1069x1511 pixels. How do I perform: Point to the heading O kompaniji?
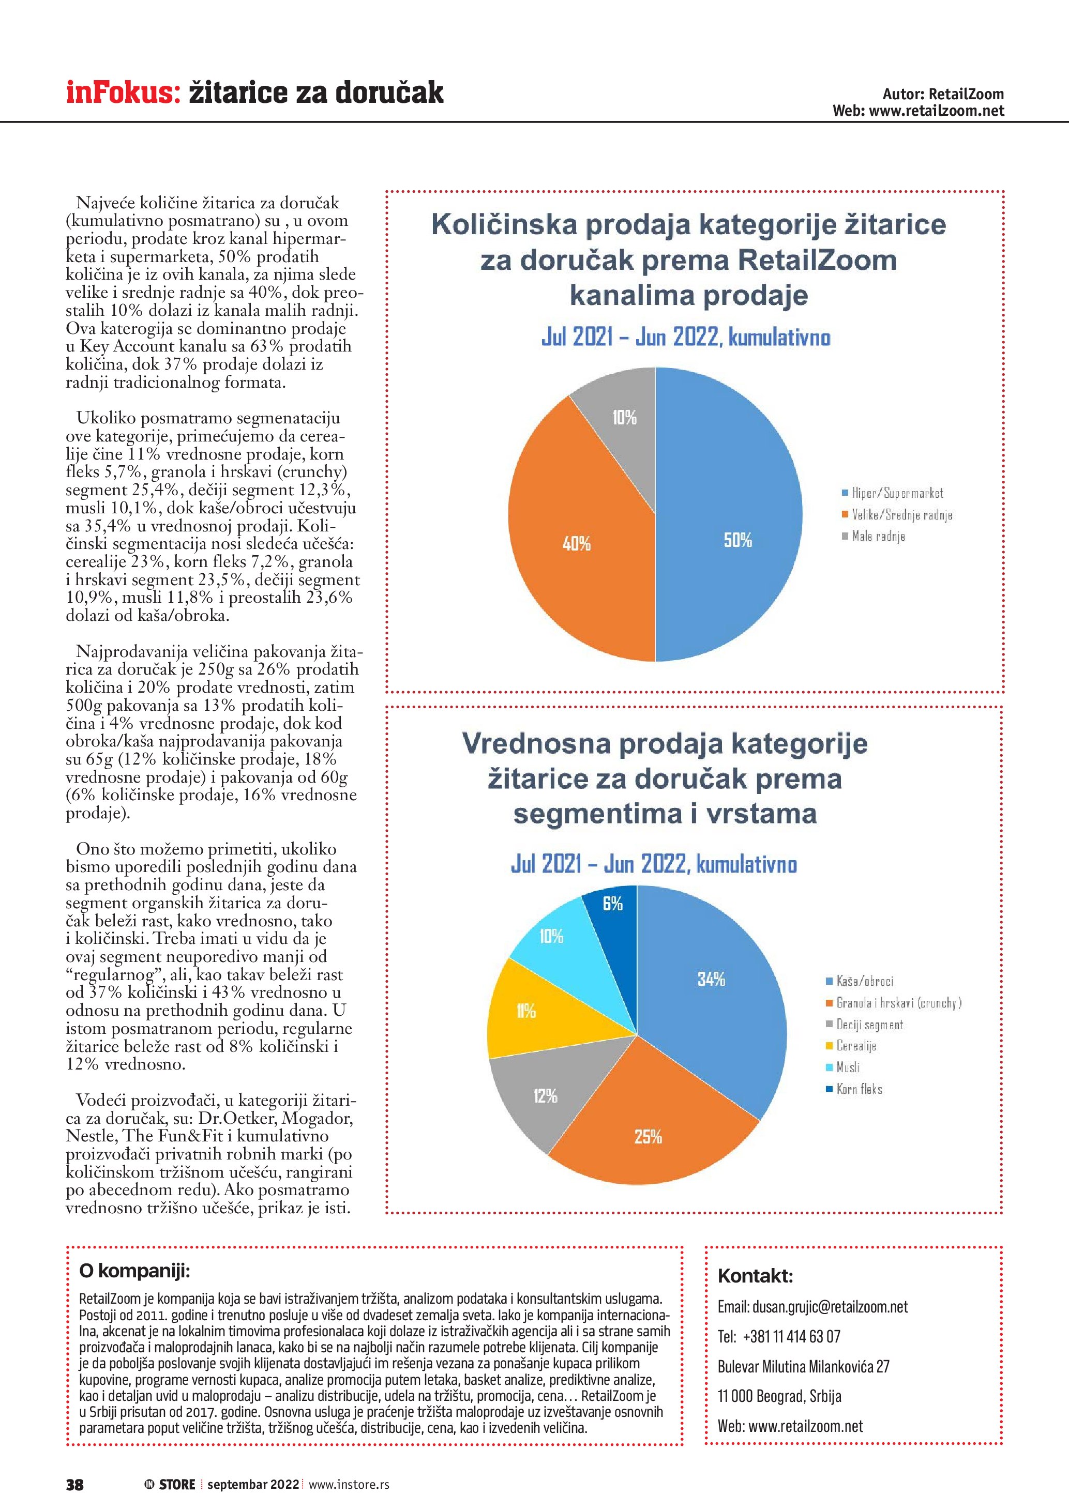point(134,1270)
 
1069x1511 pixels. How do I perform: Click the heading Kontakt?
point(755,1276)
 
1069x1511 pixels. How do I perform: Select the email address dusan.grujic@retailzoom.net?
point(830,1307)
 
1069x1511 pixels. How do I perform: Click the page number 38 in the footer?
point(74,1484)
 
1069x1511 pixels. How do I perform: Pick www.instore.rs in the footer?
point(349,1484)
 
